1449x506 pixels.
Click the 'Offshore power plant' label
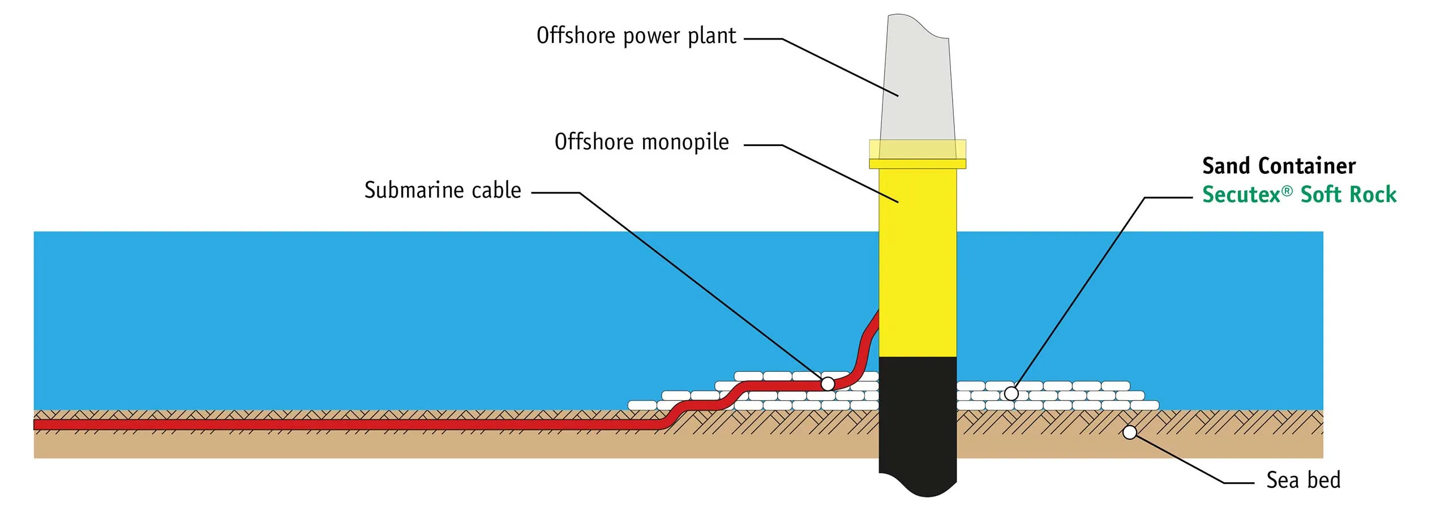point(636,36)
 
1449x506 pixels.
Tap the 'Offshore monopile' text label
point(641,142)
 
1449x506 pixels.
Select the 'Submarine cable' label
point(443,190)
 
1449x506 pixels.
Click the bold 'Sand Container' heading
point(1279,166)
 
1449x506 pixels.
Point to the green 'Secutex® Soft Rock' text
point(1299,194)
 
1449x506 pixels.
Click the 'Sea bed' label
point(1304,480)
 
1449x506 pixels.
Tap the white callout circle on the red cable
point(828,384)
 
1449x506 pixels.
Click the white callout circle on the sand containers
point(1011,393)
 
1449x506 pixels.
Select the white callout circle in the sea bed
point(1130,432)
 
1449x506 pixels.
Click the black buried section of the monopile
point(918,424)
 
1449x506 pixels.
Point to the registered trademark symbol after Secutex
point(1287,191)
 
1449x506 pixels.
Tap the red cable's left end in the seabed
point(35,424)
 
